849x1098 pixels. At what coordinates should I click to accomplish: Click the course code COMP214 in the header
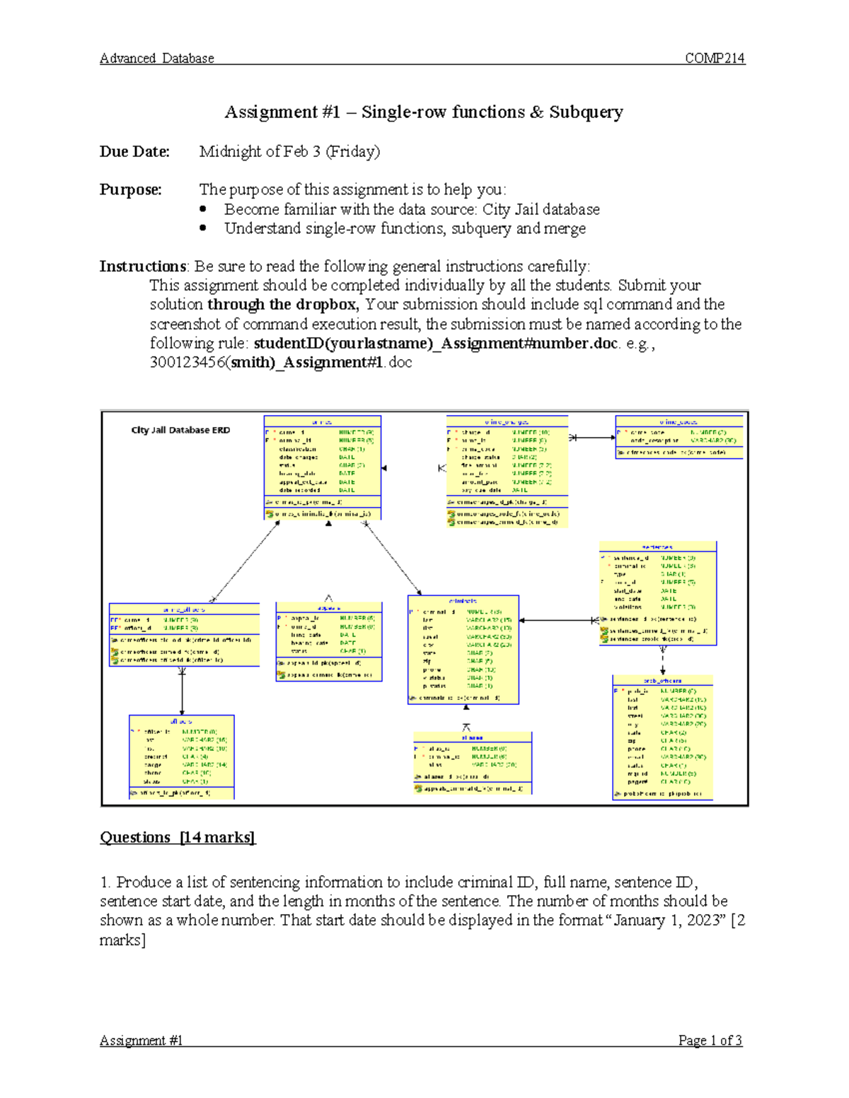pyautogui.click(x=715, y=59)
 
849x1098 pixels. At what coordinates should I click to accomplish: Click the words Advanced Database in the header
pyautogui.click(x=156, y=59)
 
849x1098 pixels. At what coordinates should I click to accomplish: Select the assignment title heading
pyautogui.click(x=424, y=112)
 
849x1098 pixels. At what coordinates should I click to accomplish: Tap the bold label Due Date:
pyautogui.click(x=134, y=151)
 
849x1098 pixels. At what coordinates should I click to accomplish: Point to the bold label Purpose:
pyautogui.click(x=130, y=189)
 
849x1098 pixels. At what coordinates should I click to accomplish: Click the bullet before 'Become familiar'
pyautogui.click(x=203, y=209)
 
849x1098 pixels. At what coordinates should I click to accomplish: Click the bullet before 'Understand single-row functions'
pyautogui.click(x=203, y=228)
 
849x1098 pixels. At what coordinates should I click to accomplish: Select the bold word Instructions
pyautogui.click(x=142, y=267)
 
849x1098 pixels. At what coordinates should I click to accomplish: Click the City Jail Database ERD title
pyautogui.click(x=180, y=430)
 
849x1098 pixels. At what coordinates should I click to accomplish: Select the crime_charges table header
pyautogui.click(x=507, y=421)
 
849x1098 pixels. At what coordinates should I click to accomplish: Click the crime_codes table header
pyautogui.click(x=678, y=421)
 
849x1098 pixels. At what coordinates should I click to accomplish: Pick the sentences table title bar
pyautogui.click(x=657, y=547)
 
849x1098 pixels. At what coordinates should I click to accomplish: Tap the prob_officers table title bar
pyautogui.click(x=662, y=680)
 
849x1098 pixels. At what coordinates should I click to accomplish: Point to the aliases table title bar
pyautogui.click(x=472, y=737)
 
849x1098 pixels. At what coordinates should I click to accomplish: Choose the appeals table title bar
pyautogui.click(x=329, y=608)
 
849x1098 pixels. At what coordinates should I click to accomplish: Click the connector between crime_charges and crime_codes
pyautogui.click(x=592, y=438)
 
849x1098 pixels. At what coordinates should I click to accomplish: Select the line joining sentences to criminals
pyautogui.click(x=559, y=621)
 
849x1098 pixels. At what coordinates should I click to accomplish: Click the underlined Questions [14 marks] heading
pyautogui.click(x=178, y=838)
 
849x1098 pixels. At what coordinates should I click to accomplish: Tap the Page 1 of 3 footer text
pyautogui.click(x=710, y=1040)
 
